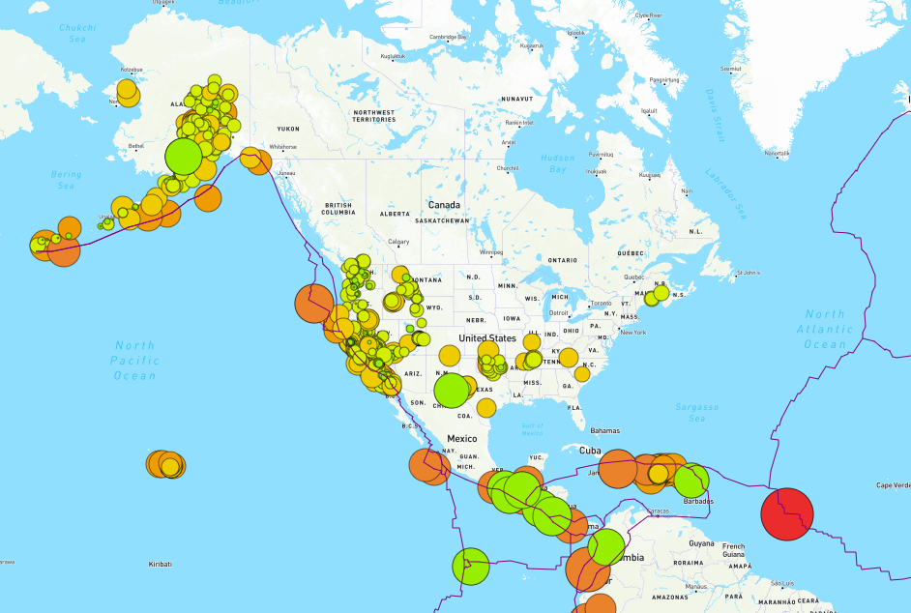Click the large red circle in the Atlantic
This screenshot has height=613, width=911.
[x=787, y=513]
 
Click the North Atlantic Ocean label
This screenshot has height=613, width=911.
[x=826, y=329]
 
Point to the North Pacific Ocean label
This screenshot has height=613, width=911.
[x=134, y=361]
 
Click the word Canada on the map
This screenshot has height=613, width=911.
[x=444, y=205]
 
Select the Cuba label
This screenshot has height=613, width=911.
[x=590, y=450]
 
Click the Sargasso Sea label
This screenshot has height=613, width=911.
[x=697, y=413]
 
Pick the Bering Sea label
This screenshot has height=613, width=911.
[x=66, y=180]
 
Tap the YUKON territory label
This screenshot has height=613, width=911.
[x=288, y=129]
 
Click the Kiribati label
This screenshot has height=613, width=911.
[x=160, y=563]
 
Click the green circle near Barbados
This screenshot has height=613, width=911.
[x=691, y=481]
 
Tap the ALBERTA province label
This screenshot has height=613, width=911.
[x=395, y=213]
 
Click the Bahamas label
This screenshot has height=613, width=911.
[x=604, y=429]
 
